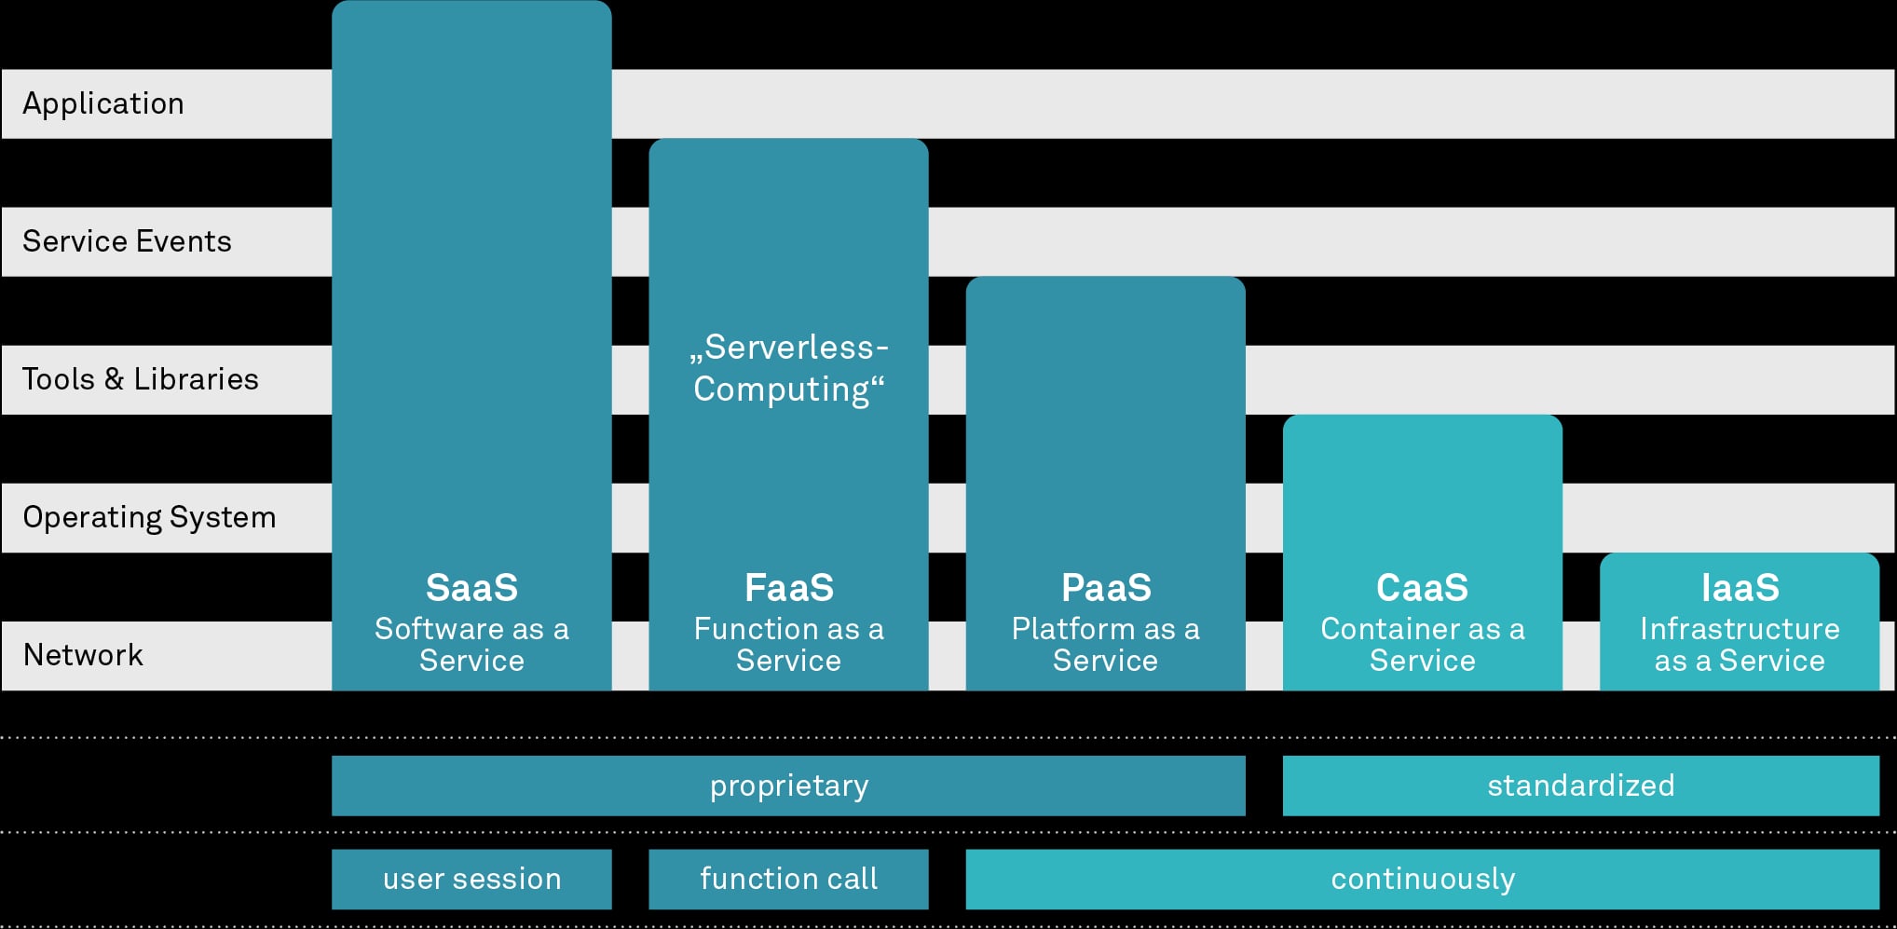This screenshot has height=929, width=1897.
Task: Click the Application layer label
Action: (103, 104)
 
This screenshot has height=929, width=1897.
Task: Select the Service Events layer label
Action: (127, 241)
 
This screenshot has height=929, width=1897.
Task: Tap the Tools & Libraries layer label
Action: (140, 379)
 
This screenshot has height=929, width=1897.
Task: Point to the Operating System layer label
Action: (149, 517)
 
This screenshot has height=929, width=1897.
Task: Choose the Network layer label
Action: (83, 655)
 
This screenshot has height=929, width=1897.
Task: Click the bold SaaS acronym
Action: (471, 588)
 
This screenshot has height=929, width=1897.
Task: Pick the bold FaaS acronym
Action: (789, 588)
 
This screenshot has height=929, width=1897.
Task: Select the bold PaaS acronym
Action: (1106, 588)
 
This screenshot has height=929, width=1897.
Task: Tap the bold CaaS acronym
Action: (1423, 588)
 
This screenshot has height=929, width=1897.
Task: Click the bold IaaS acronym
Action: (1740, 588)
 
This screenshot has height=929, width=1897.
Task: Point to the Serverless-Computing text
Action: (789, 368)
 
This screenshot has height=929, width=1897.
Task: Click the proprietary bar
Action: (788, 786)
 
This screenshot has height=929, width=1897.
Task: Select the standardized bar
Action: (1581, 786)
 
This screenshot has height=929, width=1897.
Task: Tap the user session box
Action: (471, 879)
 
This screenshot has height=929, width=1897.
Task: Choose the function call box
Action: (788, 879)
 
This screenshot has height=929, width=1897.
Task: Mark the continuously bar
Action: (1423, 879)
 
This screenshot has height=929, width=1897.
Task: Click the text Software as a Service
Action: (471, 645)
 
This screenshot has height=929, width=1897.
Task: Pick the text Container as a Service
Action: (1423, 645)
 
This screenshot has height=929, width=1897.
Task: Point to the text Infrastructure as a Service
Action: (1740, 645)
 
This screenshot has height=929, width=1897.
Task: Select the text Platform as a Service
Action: (1106, 645)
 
